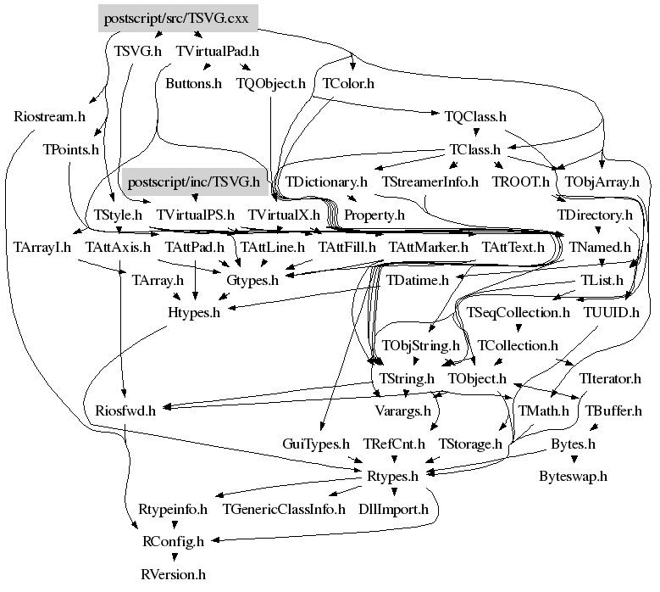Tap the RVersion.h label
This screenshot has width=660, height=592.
click(173, 574)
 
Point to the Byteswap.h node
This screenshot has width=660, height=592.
click(574, 476)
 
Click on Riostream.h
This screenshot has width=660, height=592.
click(50, 116)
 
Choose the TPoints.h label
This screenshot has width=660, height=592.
click(71, 149)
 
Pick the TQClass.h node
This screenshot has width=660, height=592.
click(475, 116)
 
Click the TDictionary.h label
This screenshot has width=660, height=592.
click(326, 182)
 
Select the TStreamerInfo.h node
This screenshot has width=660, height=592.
click(430, 182)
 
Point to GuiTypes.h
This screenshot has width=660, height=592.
click(316, 444)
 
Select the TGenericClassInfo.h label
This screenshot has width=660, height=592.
click(284, 509)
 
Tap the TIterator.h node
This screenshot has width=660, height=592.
click(610, 377)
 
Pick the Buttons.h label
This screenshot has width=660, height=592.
click(193, 83)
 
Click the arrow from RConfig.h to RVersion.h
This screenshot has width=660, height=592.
click(173, 557)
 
